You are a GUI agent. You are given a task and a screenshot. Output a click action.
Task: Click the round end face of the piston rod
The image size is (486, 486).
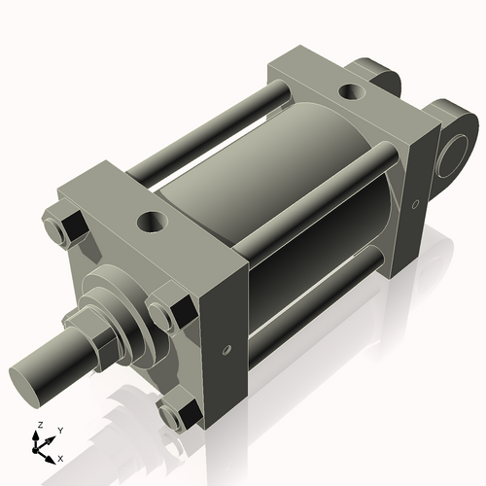(x=31, y=376)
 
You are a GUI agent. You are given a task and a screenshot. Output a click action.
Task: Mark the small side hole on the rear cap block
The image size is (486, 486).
(x=415, y=204)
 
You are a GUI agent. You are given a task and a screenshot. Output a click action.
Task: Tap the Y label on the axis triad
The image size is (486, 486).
(x=59, y=430)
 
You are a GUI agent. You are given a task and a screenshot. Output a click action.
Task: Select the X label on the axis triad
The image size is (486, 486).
(x=60, y=457)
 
